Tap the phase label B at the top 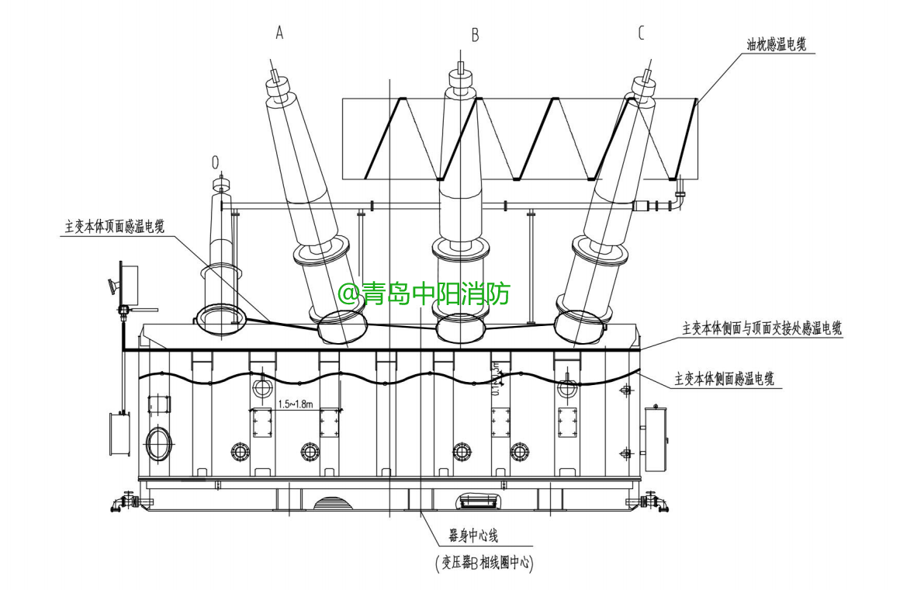click(475, 34)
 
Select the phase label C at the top click(641, 32)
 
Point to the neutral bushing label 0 click(215, 162)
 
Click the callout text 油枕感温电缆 click(776, 45)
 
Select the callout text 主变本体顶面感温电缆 click(115, 227)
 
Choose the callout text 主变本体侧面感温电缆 click(725, 379)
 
